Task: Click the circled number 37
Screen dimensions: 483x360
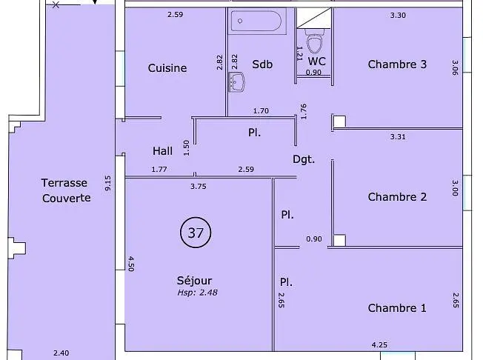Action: tap(196, 233)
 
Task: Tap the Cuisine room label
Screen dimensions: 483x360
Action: tap(167, 68)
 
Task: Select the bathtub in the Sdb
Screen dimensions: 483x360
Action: tap(257, 21)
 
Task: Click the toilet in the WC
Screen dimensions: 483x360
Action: tap(315, 41)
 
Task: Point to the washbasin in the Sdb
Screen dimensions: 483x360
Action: tap(236, 82)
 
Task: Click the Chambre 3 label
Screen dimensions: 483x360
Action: tap(397, 64)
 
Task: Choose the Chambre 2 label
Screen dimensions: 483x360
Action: tap(397, 197)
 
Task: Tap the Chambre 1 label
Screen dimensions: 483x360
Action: tap(397, 308)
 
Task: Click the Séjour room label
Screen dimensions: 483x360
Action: tap(194, 281)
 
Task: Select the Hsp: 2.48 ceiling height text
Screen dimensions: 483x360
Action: tap(198, 293)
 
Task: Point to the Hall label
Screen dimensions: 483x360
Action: tap(162, 151)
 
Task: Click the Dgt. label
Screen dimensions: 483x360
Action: tap(304, 159)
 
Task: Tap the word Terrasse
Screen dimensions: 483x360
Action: tap(64, 183)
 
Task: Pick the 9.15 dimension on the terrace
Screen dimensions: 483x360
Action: tap(108, 183)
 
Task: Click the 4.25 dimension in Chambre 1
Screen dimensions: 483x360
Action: tap(379, 344)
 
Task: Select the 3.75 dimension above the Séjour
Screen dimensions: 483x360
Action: tap(199, 187)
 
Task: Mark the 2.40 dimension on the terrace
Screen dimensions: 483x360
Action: tap(61, 353)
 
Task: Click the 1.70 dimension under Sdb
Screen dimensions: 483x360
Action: tap(261, 110)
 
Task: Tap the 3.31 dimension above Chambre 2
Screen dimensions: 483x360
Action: tap(398, 136)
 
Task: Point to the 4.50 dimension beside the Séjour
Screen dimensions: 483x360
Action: tap(130, 264)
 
